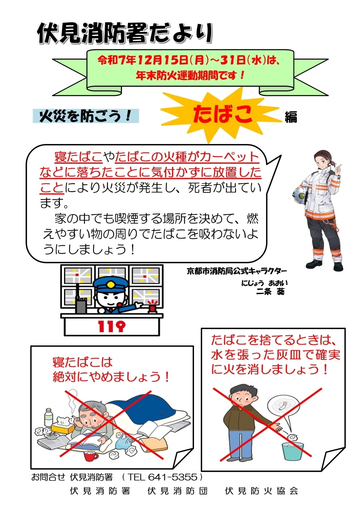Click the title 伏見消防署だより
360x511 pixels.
coord(125,33)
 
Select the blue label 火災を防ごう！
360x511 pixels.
coord(86,116)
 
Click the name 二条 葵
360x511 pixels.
coord(270,291)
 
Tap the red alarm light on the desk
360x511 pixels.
coord(152,307)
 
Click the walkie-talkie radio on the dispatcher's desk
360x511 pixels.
coord(81,301)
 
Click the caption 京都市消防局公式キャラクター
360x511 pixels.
coord(237,271)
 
